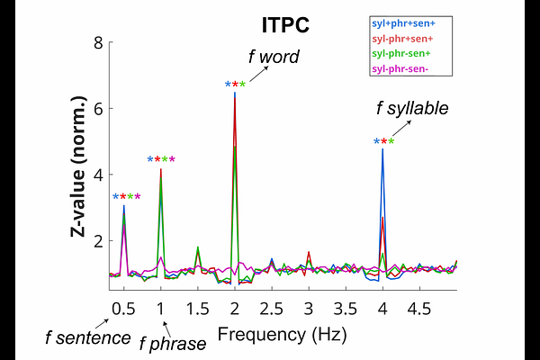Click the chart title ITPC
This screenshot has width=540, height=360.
pos(284,26)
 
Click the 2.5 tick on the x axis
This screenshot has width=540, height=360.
pos(271,310)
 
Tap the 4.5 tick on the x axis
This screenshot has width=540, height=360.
pos(418,310)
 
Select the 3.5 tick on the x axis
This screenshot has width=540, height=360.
pos(345,310)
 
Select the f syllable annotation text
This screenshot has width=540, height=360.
pos(412,110)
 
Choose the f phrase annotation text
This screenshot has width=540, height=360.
pos(172,343)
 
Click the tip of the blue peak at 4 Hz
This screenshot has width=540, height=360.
pos(382,149)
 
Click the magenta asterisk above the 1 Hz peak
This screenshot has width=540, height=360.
pos(172,160)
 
